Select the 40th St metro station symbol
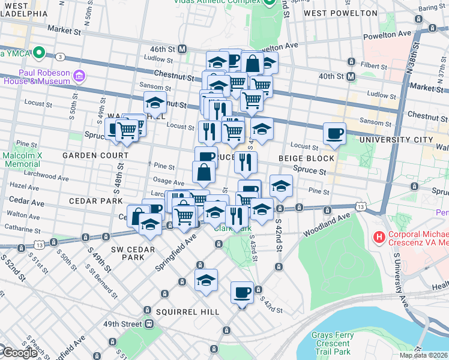pos(351,76)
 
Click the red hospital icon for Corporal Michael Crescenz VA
pos(379,238)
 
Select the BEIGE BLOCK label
pos(306,158)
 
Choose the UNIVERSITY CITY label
pos(396,140)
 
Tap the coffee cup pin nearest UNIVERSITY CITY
pos(334,133)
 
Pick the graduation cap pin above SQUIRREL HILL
pos(206,280)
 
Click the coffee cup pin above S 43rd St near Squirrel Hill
pos(243,293)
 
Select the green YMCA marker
pos(40,53)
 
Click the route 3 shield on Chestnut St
pos(61,57)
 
